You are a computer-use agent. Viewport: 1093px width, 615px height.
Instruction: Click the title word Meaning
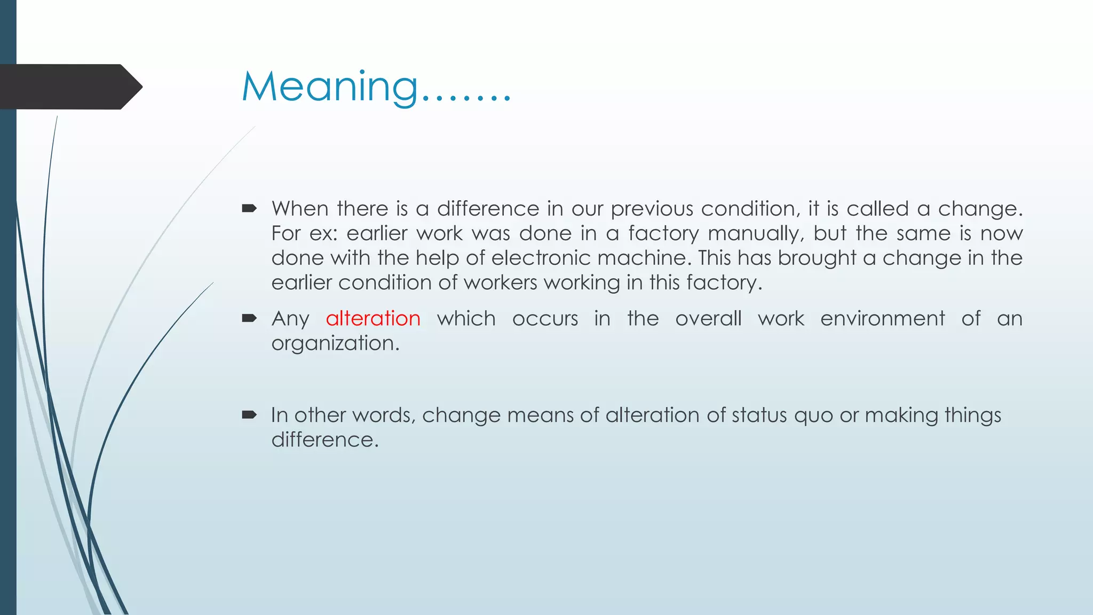pyautogui.click(x=330, y=87)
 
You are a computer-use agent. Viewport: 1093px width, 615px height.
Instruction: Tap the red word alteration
pyautogui.click(x=373, y=319)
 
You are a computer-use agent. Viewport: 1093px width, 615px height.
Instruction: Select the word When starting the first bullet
pyautogui.click(x=299, y=209)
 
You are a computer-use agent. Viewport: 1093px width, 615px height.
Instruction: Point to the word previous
pyautogui.click(x=652, y=209)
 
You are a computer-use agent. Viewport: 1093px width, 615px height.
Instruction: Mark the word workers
pyautogui.click(x=500, y=283)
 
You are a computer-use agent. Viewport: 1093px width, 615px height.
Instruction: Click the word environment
pyautogui.click(x=882, y=319)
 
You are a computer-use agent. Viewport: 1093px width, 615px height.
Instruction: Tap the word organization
pyautogui.click(x=335, y=343)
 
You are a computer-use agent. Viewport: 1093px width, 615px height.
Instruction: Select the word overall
pyautogui.click(x=708, y=319)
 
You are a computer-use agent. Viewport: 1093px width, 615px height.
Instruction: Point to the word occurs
pyautogui.click(x=545, y=319)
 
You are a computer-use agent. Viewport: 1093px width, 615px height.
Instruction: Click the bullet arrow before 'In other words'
pyautogui.click(x=249, y=415)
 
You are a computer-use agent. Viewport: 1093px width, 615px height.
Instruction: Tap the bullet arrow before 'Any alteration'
pyautogui.click(x=249, y=319)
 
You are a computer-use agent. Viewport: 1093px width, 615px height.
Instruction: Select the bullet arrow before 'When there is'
pyautogui.click(x=249, y=208)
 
